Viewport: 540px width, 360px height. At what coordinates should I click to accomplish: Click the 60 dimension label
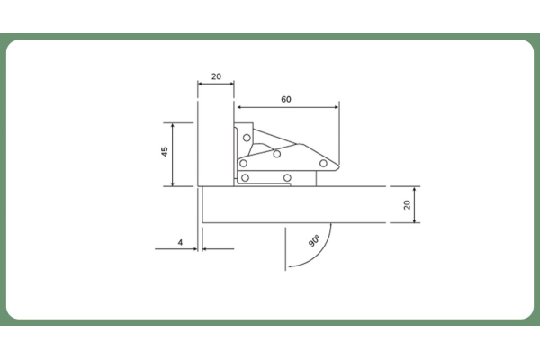(286, 100)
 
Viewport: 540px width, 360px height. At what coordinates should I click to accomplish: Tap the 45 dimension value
(165, 152)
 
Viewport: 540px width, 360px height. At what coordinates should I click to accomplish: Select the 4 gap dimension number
(180, 242)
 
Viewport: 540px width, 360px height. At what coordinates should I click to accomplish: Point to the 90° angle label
(314, 241)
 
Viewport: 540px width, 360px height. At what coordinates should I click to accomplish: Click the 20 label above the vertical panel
(216, 76)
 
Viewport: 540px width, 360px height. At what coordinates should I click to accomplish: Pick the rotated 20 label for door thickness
(407, 204)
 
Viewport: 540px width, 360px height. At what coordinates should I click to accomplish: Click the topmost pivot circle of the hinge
(247, 138)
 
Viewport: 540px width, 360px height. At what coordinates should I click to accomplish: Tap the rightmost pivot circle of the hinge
(323, 163)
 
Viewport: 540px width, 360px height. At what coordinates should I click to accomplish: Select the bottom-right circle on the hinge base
(287, 178)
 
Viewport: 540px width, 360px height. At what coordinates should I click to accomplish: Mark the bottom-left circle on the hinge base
(245, 178)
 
